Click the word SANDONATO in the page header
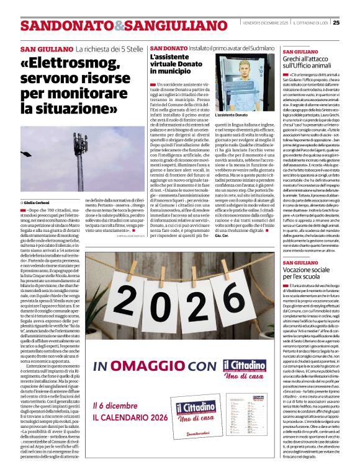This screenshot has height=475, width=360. coord(58,26)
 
